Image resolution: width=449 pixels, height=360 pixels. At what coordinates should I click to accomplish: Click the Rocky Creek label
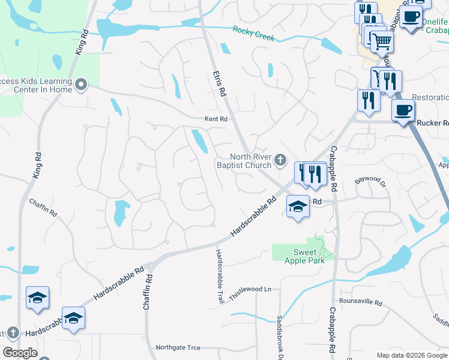253,34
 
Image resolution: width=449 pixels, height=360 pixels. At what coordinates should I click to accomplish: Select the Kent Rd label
216,119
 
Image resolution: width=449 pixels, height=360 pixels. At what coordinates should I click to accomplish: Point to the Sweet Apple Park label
309,256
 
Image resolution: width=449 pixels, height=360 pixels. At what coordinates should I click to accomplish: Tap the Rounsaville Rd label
360,303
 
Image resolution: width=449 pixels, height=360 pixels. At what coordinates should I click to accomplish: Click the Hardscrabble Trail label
219,275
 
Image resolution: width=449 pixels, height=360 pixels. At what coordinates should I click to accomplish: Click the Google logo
20,352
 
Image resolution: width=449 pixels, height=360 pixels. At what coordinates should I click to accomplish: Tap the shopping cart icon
381,42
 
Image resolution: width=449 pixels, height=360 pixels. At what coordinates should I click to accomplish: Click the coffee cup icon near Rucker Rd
403,110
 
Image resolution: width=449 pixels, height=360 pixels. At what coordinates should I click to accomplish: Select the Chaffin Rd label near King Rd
43,207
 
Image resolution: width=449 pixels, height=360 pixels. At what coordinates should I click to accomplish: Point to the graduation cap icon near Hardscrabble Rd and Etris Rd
297,207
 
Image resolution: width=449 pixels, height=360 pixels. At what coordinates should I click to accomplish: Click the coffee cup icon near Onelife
412,17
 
